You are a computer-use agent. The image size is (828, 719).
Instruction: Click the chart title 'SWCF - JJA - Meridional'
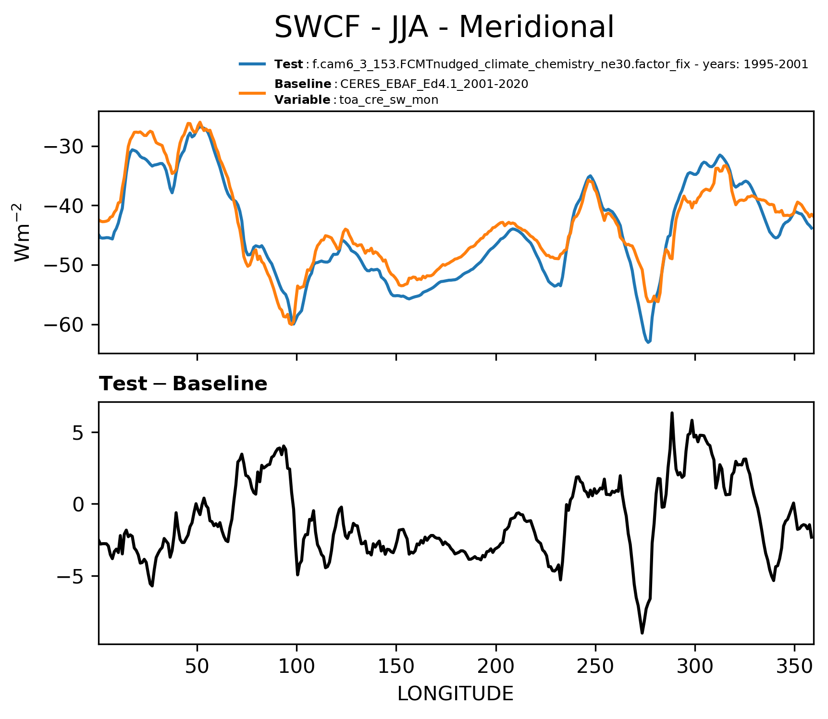tap(444, 27)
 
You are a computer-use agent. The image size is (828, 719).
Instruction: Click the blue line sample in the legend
tap(252, 64)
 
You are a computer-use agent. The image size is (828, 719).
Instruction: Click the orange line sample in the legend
tap(252, 92)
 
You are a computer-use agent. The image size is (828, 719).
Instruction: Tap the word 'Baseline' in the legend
tap(303, 84)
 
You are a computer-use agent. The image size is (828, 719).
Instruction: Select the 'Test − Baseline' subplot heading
tap(183, 384)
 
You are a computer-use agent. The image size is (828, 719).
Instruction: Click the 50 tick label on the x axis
tap(197, 666)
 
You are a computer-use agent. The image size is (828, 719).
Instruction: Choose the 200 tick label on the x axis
tap(496, 666)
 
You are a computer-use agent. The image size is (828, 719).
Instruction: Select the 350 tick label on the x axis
tap(794, 666)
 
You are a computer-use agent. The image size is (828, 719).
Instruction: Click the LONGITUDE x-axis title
tap(456, 694)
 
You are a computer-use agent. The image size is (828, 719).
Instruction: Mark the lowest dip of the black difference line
tap(642, 633)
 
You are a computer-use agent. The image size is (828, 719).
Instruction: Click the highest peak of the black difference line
tap(672, 413)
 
